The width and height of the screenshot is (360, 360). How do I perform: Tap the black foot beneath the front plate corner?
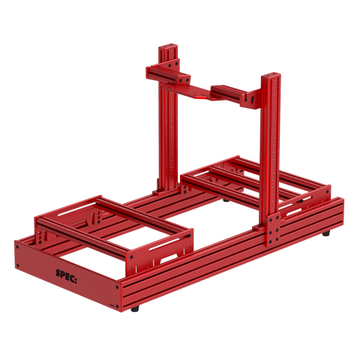(134, 308)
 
